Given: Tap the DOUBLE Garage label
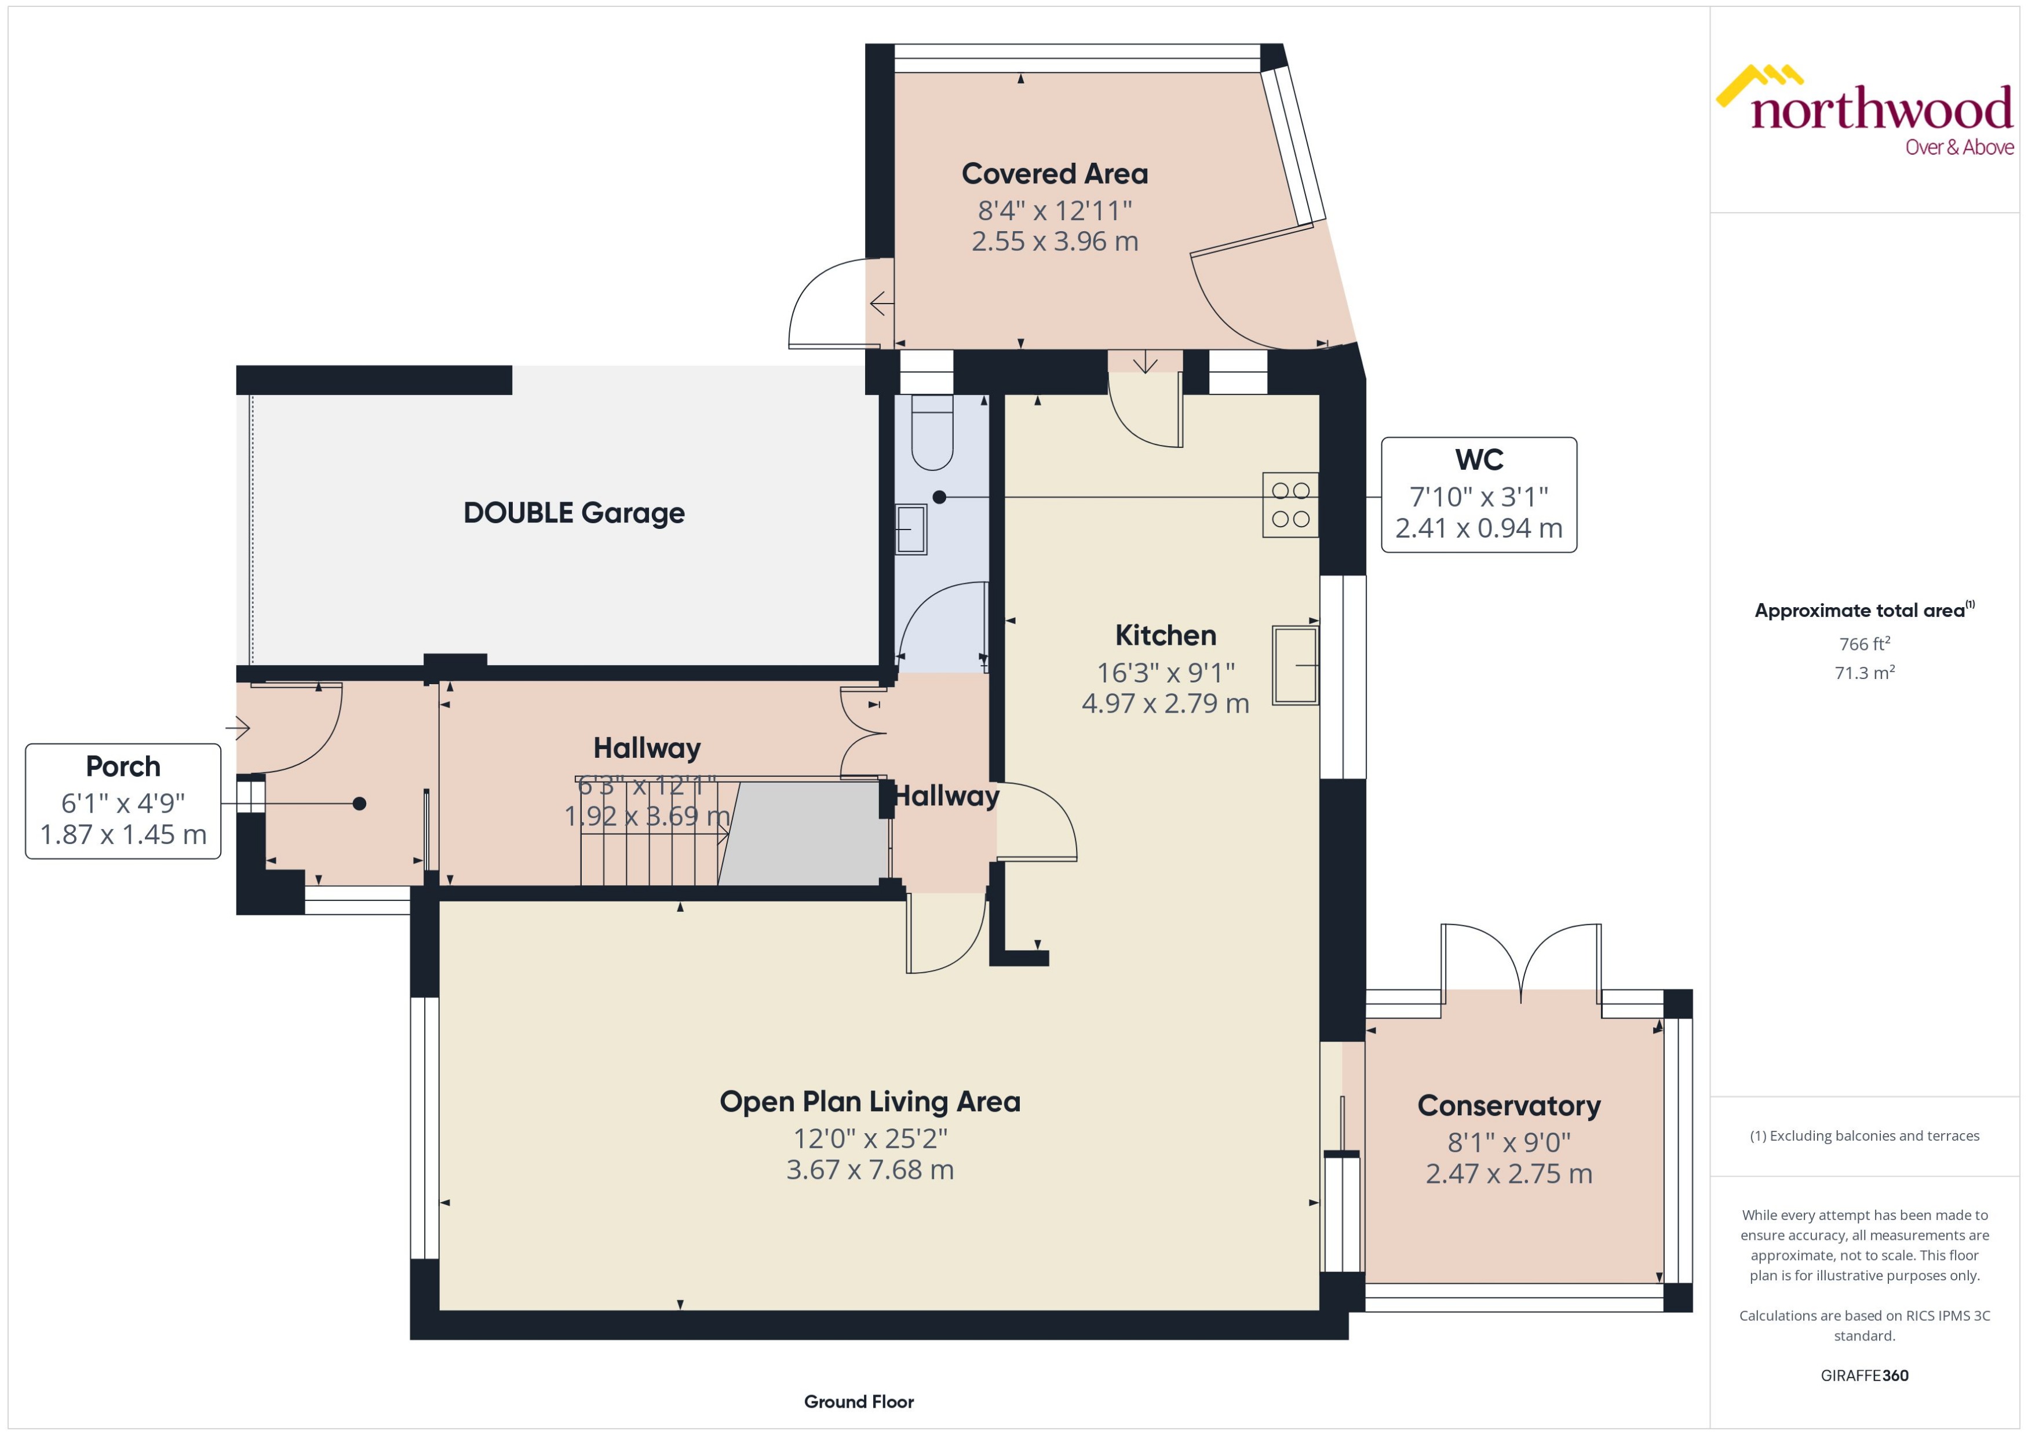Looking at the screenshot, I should (x=574, y=513).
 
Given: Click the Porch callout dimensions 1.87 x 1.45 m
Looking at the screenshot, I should (x=123, y=834).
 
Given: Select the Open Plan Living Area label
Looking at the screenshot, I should (x=870, y=1102).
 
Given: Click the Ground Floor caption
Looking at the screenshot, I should (x=858, y=1401).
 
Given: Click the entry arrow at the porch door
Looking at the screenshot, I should (x=238, y=728).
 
